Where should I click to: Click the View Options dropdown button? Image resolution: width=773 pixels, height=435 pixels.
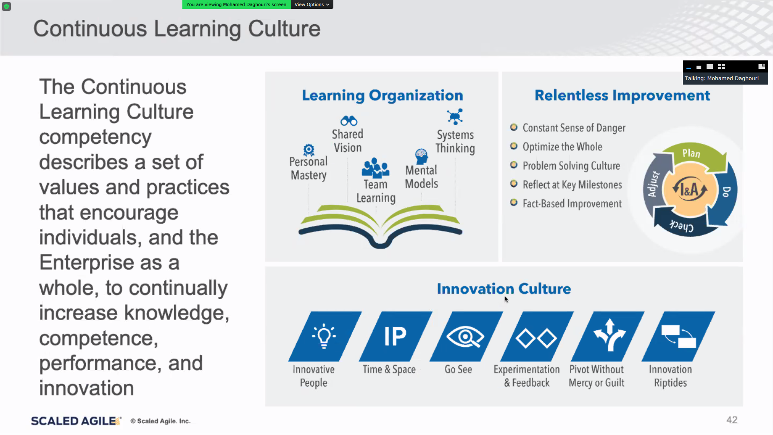click(x=312, y=4)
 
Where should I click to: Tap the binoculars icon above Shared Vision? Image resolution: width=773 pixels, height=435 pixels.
click(x=349, y=120)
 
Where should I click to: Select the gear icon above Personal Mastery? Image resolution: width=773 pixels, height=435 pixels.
click(x=309, y=150)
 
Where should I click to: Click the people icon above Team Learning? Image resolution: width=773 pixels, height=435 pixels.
click(x=376, y=168)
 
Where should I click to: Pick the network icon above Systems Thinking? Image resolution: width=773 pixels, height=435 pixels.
click(x=455, y=117)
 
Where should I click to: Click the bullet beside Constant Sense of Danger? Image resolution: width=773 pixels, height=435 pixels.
click(x=514, y=127)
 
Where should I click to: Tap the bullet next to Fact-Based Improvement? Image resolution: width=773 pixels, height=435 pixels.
click(x=514, y=202)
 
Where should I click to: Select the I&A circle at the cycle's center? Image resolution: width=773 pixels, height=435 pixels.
click(x=690, y=189)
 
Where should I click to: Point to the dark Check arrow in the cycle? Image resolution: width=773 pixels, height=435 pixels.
click(x=680, y=224)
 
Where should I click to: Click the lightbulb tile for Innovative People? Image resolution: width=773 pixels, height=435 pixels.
click(x=325, y=336)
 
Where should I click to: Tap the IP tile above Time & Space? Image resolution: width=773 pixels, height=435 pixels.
click(x=395, y=336)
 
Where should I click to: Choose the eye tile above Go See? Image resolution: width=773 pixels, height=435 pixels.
click(x=466, y=336)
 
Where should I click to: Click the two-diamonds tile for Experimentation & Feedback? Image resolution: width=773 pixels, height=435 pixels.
click(x=537, y=336)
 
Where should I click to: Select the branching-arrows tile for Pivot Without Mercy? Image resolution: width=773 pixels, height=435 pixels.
click(x=608, y=336)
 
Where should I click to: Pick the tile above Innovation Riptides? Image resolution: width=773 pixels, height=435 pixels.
click(x=678, y=336)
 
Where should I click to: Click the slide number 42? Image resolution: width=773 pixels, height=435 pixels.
click(x=732, y=420)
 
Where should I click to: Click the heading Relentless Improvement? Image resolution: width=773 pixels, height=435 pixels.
click(x=622, y=95)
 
